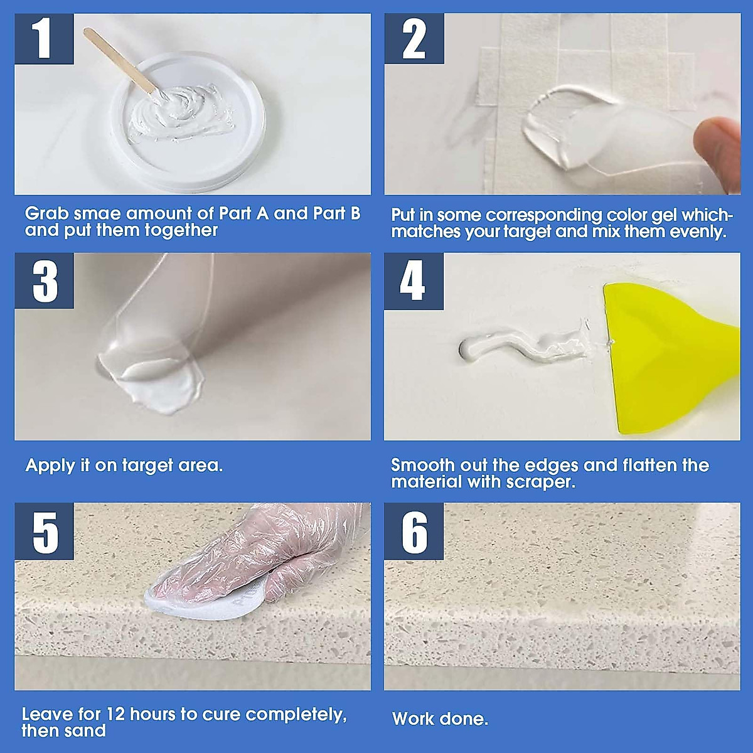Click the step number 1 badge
(44, 39)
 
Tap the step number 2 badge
(414, 39)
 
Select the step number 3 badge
(44, 281)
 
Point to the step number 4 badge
(414, 281)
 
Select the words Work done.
(440, 718)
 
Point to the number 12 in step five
(116, 714)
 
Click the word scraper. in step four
(540, 482)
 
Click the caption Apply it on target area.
(124, 466)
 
